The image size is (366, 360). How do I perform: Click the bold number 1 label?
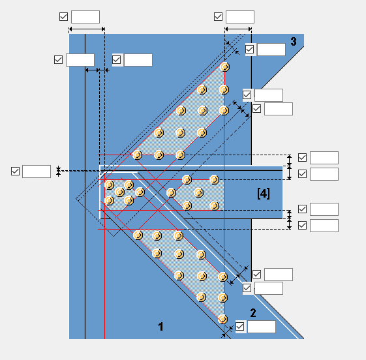(x=160, y=326)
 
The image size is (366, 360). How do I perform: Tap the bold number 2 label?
(x=253, y=313)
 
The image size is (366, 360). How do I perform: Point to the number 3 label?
(x=294, y=42)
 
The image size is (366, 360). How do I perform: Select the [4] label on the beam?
(x=264, y=194)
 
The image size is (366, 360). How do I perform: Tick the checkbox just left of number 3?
(x=249, y=49)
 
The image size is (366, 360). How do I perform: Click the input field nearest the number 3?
(x=271, y=50)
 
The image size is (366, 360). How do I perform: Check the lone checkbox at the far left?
(x=15, y=172)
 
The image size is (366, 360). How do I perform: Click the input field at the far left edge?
(x=37, y=172)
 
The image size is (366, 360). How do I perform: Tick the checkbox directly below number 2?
(x=239, y=326)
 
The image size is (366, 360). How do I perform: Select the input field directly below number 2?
(x=262, y=327)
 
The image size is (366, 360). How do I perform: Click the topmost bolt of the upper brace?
(x=225, y=67)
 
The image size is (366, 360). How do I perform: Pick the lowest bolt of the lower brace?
(x=222, y=319)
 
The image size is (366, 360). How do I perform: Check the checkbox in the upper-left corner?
(x=63, y=16)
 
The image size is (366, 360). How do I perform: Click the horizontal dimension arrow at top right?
(x=238, y=29)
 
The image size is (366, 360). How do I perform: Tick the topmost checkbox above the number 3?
(x=218, y=16)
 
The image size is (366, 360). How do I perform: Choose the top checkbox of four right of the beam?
(x=302, y=157)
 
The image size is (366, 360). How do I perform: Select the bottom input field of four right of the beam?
(x=324, y=226)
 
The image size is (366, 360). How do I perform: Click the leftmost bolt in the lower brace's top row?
(x=138, y=235)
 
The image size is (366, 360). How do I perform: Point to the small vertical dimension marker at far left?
(x=58, y=172)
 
